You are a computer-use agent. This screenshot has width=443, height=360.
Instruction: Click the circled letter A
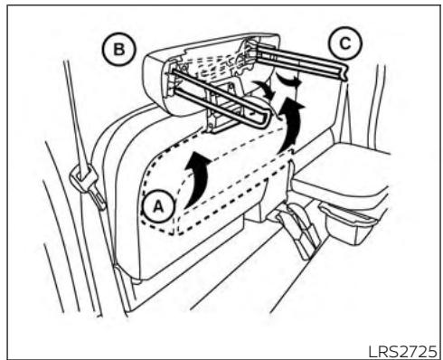point(158,207)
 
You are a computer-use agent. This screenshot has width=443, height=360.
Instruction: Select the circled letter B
point(119,49)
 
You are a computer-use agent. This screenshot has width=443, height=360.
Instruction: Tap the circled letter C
point(345,43)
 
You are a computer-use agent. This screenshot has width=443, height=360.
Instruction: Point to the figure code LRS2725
point(402,351)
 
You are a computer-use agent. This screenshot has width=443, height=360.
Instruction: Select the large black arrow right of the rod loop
point(292,124)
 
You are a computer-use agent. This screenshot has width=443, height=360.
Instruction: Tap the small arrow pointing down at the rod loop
point(265,88)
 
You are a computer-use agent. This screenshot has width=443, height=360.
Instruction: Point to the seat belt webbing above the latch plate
point(75,115)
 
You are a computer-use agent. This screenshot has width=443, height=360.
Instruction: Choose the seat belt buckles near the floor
point(298,229)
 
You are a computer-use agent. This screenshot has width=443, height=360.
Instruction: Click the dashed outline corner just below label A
point(173,232)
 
